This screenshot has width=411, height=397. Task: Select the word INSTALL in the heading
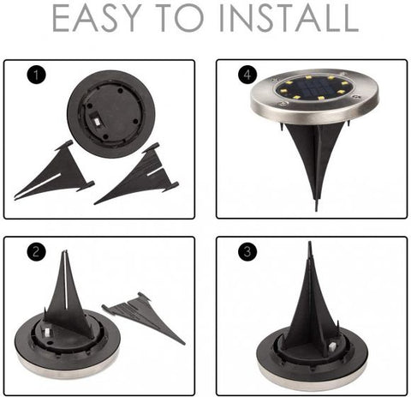point(295,20)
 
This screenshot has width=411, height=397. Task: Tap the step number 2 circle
point(35,252)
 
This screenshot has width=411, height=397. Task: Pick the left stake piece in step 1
point(57,176)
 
